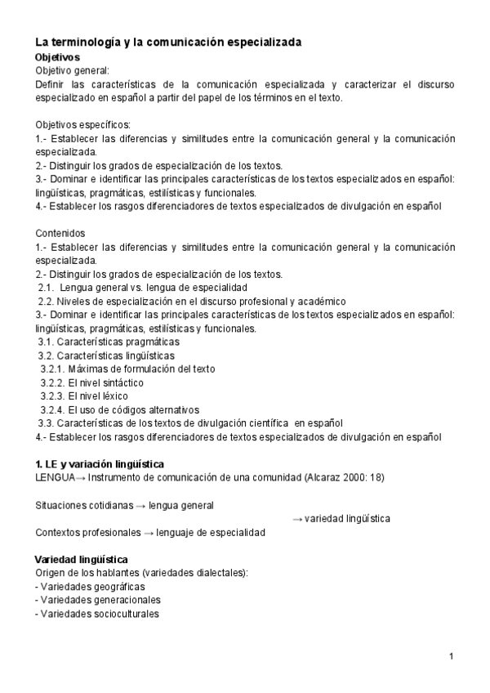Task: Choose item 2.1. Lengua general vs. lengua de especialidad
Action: pyautogui.click(x=136, y=287)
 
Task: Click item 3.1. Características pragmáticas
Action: pyautogui.click(x=109, y=342)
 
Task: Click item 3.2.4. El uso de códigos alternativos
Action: pyautogui.click(x=120, y=409)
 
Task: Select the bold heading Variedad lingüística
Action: pyautogui.click(x=81, y=560)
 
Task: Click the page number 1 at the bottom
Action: pyautogui.click(x=451, y=656)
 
